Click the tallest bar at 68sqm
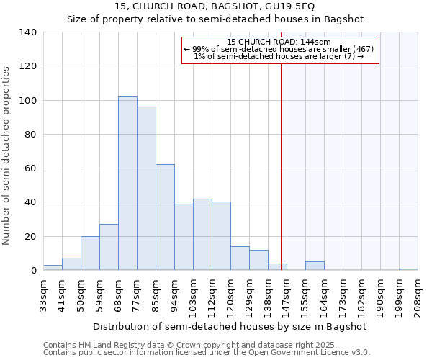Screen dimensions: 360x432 click(x=127, y=184)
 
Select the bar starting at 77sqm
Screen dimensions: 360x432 click(x=146, y=189)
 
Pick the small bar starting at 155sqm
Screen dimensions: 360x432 click(x=315, y=266)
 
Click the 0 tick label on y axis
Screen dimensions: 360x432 click(x=33, y=271)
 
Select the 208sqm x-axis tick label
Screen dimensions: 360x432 click(x=418, y=296)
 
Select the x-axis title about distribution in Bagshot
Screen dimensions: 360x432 click(x=230, y=327)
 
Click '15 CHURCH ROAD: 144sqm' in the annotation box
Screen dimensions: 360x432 click(x=279, y=42)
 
